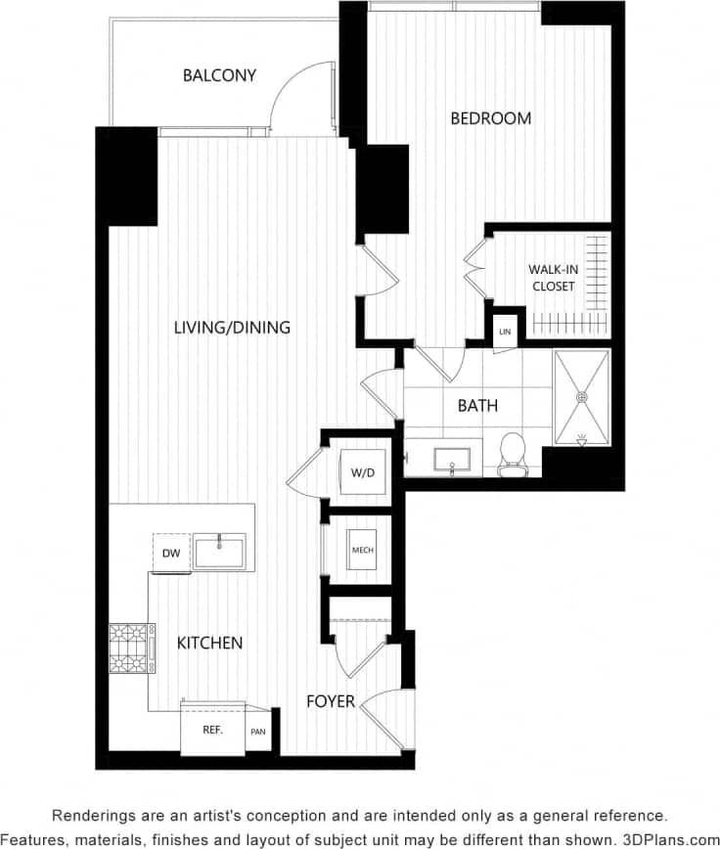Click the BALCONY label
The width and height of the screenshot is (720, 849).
219,75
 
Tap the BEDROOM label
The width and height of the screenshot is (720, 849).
490,118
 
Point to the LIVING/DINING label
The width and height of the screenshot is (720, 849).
232,328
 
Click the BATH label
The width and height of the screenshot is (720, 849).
477,405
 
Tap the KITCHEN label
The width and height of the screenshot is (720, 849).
209,643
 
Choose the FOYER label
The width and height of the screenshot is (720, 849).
330,701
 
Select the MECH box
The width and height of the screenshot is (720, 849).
361,550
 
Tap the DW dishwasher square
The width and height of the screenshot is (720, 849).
170,553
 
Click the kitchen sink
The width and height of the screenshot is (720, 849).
219,552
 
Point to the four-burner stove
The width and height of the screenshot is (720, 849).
126,648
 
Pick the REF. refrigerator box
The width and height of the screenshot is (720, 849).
212,730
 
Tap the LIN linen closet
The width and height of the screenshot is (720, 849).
505,331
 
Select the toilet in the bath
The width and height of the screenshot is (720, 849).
513,455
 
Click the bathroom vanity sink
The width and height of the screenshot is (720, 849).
452,460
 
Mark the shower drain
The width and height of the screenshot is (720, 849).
581,397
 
